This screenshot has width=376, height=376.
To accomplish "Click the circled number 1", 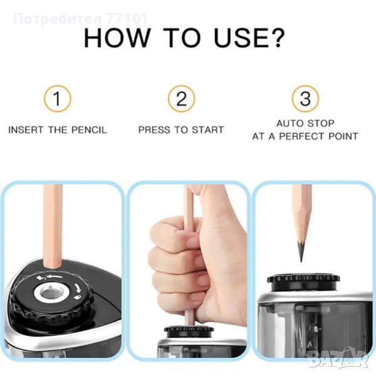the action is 58,98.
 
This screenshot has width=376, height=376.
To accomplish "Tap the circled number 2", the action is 181,98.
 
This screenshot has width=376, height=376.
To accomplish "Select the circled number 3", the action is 305,98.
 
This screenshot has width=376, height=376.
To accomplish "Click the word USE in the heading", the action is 240,38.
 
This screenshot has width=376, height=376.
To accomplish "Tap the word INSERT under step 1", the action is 26,130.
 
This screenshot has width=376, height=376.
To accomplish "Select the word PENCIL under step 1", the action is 89,130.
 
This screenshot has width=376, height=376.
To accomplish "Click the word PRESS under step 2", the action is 154,130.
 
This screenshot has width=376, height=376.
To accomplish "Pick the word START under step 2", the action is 207,130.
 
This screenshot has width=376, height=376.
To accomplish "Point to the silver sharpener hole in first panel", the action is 51,293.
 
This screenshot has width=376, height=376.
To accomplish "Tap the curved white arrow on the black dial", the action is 78,288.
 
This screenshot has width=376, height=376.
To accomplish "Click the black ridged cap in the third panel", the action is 303,282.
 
